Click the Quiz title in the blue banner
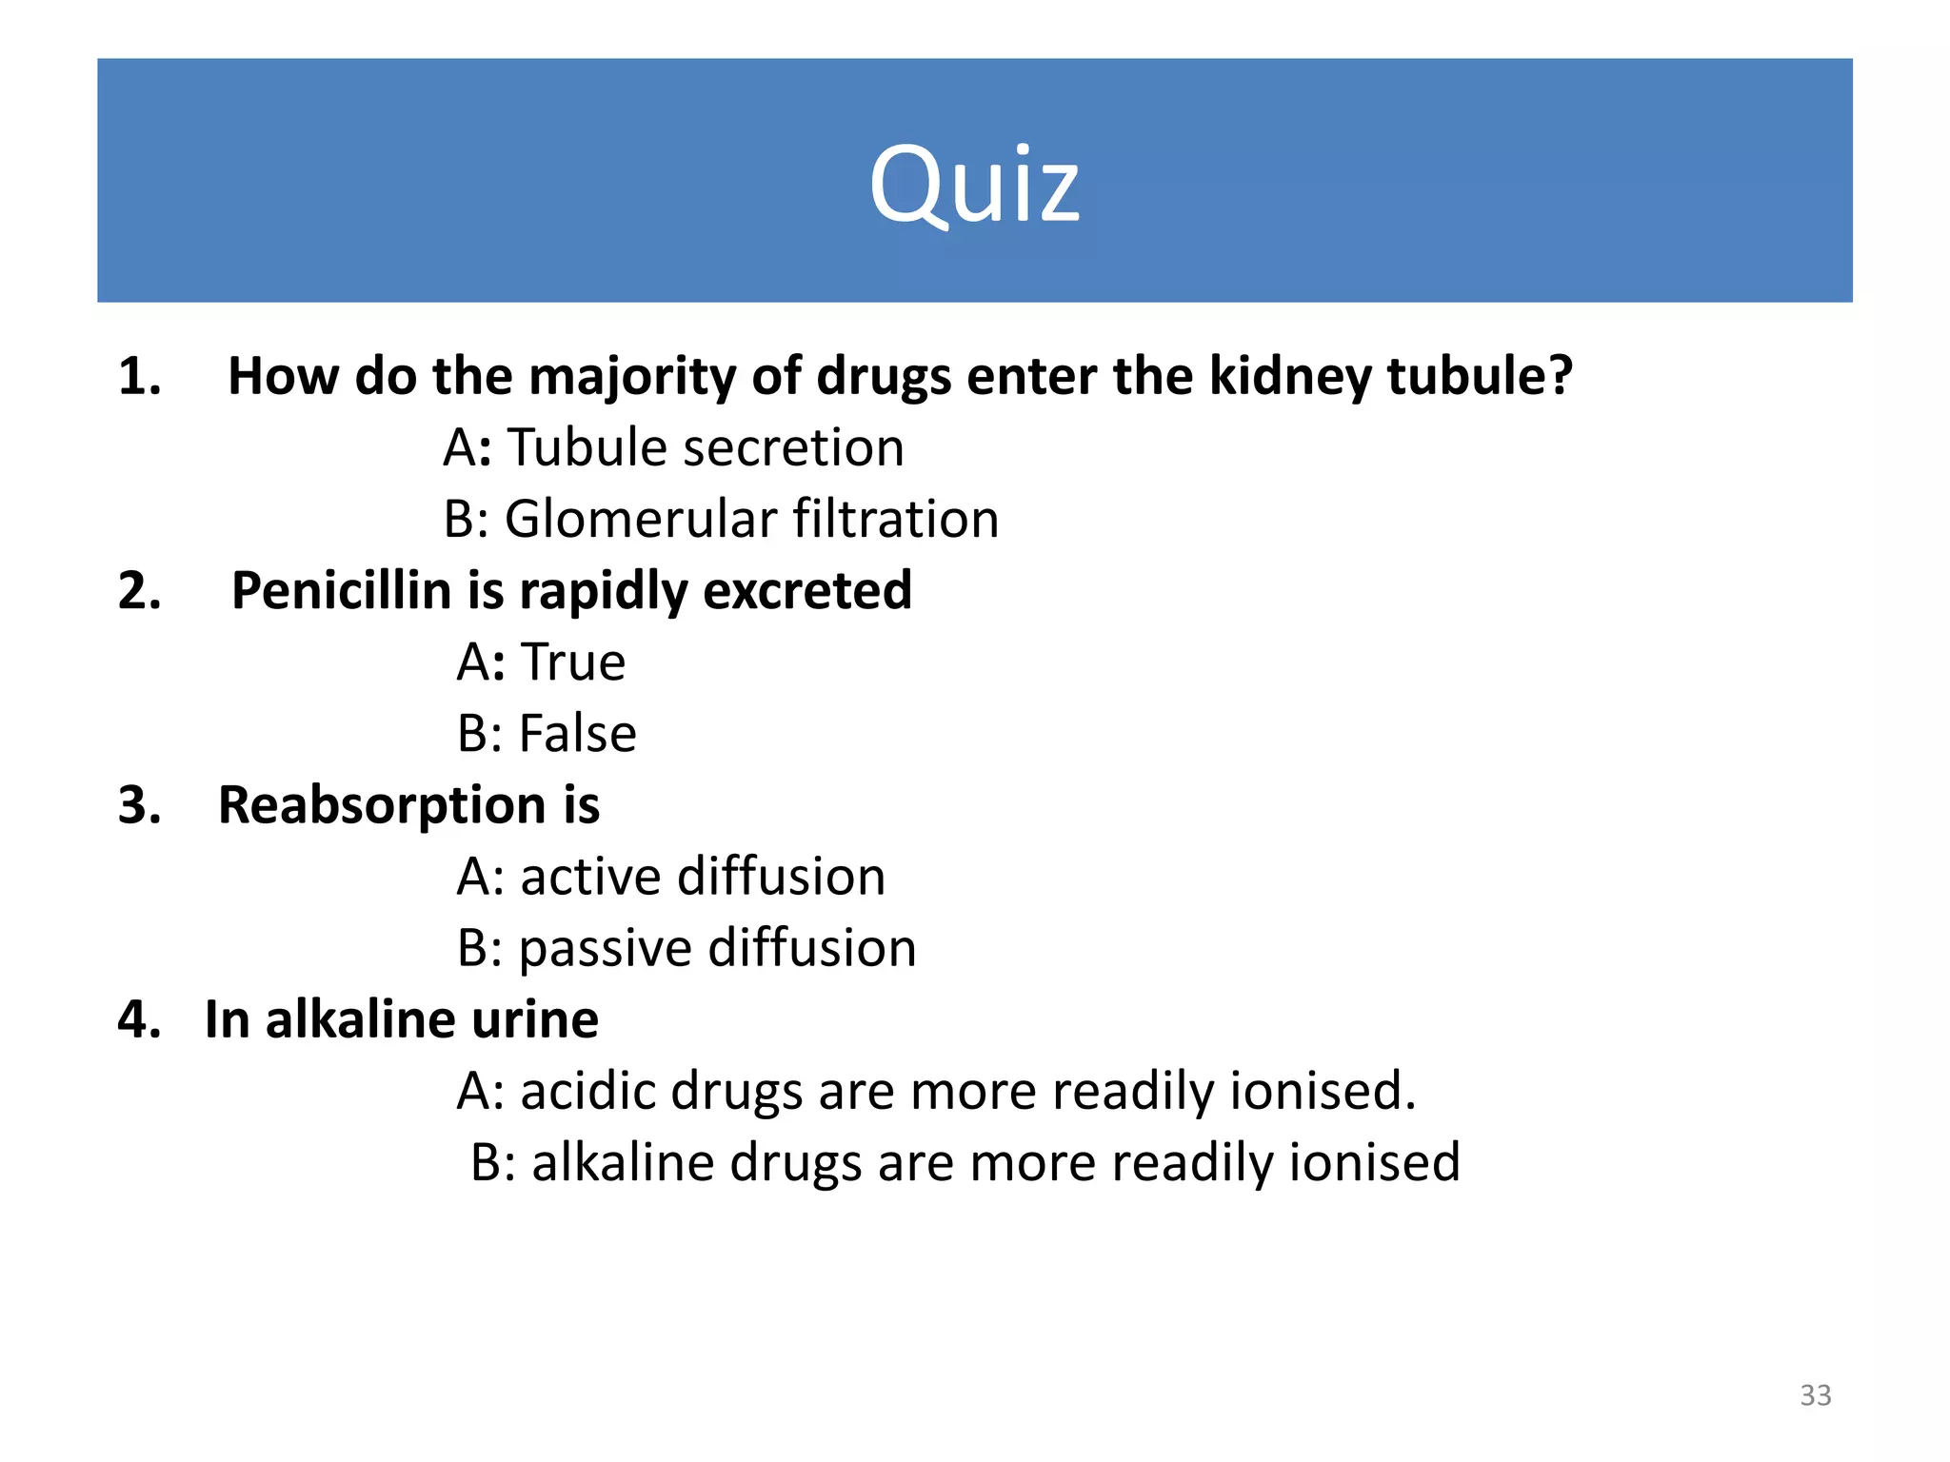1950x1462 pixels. click(x=974, y=185)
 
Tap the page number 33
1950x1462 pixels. click(x=1815, y=1395)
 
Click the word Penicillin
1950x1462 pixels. click(x=341, y=591)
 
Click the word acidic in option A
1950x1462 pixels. click(x=587, y=1092)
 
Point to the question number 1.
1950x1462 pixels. click(x=139, y=377)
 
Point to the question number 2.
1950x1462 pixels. click(x=139, y=591)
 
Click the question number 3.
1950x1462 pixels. click(x=139, y=806)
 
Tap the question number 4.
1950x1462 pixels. click(x=139, y=1020)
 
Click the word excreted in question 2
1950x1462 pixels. click(x=807, y=591)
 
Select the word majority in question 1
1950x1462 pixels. click(x=632, y=377)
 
